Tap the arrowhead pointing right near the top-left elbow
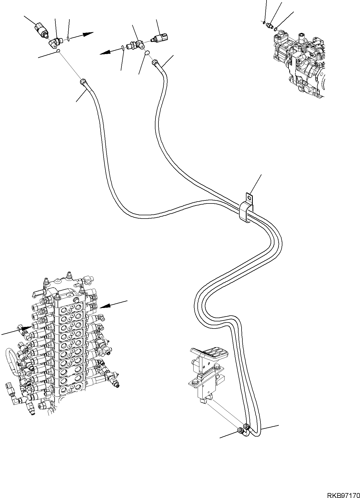pyautogui.click(x=88, y=34)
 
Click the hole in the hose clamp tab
pyautogui.click(x=249, y=197)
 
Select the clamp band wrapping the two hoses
pyautogui.click(x=245, y=213)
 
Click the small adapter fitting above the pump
pyautogui.click(x=270, y=26)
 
